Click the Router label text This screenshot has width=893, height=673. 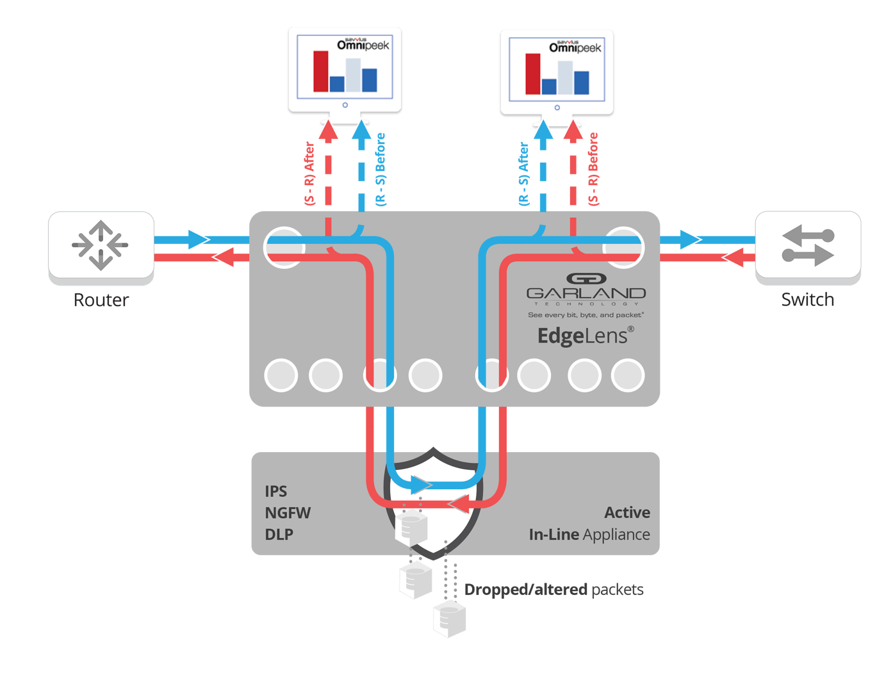(x=101, y=300)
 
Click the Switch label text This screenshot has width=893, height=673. (x=807, y=299)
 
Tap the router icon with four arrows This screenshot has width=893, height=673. (x=100, y=245)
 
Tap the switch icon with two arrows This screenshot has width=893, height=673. (x=807, y=245)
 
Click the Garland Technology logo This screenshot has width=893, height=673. (x=586, y=288)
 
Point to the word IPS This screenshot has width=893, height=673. (x=275, y=491)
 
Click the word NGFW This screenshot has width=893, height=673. (x=288, y=513)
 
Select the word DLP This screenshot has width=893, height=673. (x=279, y=534)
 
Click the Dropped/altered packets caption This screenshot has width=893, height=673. (x=553, y=590)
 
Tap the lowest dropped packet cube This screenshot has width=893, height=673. (x=449, y=619)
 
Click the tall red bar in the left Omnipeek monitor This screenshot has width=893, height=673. (x=321, y=71)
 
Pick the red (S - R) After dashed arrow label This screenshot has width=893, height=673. (x=309, y=173)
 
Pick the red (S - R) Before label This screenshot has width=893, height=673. (x=593, y=169)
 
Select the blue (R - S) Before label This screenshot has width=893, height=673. (x=381, y=169)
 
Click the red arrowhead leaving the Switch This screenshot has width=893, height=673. (x=733, y=257)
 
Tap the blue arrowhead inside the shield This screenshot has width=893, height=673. (x=421, y=485)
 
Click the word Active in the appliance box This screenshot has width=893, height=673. (x=627, y=513)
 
